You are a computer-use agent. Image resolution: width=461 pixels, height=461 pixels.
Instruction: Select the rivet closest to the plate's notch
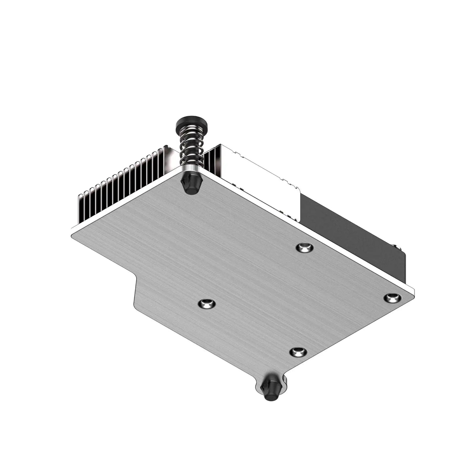click(206, 304)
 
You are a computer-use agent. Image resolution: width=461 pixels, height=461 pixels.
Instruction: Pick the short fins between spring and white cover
click(212, 163)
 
